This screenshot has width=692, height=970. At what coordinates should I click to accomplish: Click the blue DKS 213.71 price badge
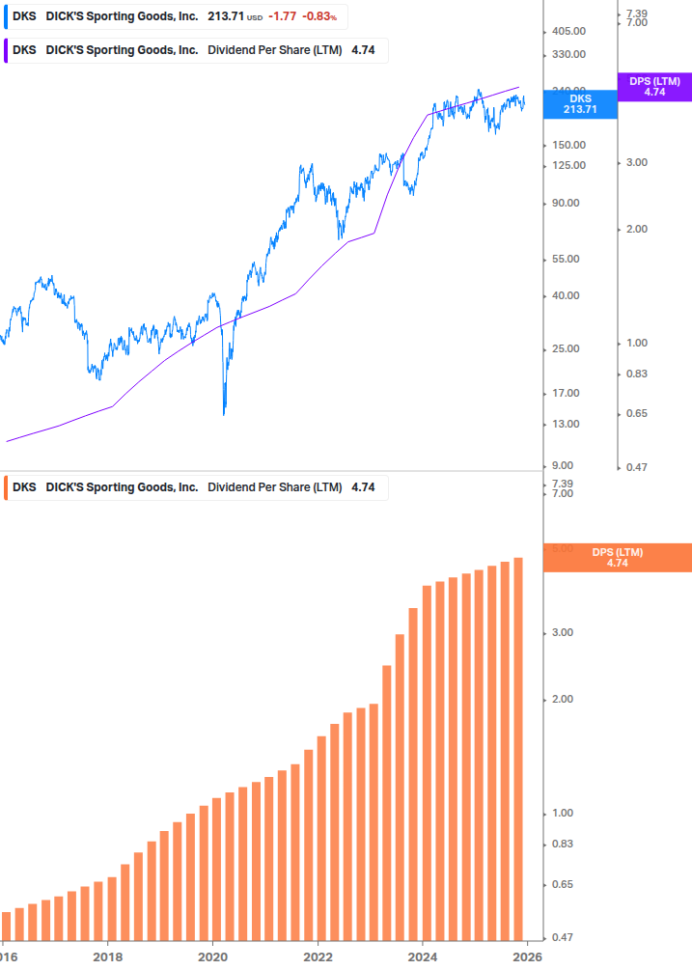[580, 104]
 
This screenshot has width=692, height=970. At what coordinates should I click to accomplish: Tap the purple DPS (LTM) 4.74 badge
[654, 87]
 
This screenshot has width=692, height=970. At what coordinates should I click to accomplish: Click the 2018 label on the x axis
[107, 956]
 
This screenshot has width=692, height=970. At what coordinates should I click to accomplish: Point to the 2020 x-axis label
[212, 956]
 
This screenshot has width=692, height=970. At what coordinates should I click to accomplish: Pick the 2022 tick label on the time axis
[318, 956]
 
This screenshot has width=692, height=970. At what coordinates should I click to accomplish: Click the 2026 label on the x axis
[527, 956]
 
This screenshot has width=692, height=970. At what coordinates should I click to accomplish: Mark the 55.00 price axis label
[565, 259]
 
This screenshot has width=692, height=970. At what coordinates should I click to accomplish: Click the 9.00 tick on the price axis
[562, 465]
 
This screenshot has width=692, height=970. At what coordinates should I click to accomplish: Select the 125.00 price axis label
[567, 165]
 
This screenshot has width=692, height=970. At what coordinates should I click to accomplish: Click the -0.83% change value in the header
[320, 16]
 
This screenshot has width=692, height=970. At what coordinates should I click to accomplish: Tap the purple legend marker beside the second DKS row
[7, 50]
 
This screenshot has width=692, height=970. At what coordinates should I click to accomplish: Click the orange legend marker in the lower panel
[7, 487]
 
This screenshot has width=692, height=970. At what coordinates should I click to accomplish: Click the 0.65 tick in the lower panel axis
[562, 884]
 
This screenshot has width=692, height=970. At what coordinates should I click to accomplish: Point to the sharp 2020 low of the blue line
[224, 413]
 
